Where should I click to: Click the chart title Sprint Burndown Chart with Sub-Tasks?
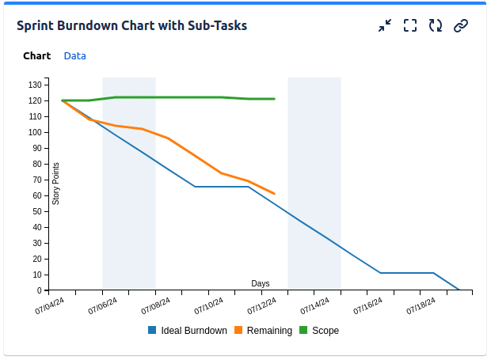(131, 25)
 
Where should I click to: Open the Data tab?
(75, 56)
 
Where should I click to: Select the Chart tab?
(36, 56)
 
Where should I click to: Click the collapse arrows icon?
(385, 25)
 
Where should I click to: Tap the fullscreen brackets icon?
(409, 25)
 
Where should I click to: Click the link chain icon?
(460, 25)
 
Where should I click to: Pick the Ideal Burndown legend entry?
(188, 331)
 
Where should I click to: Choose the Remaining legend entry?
(264, 331)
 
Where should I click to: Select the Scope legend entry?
(319, 331)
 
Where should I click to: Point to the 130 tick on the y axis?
(36, 85)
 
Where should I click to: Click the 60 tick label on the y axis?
(37, 195)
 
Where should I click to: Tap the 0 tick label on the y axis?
(40, 290)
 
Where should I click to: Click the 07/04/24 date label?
(50, 305)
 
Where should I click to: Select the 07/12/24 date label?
(262, 305)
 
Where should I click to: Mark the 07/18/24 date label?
(421, 305)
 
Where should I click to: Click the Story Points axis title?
(55, 184)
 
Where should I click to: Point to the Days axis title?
(261, 283)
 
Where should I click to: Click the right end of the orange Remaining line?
(274, 193)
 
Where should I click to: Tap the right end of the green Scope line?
(274, 99)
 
